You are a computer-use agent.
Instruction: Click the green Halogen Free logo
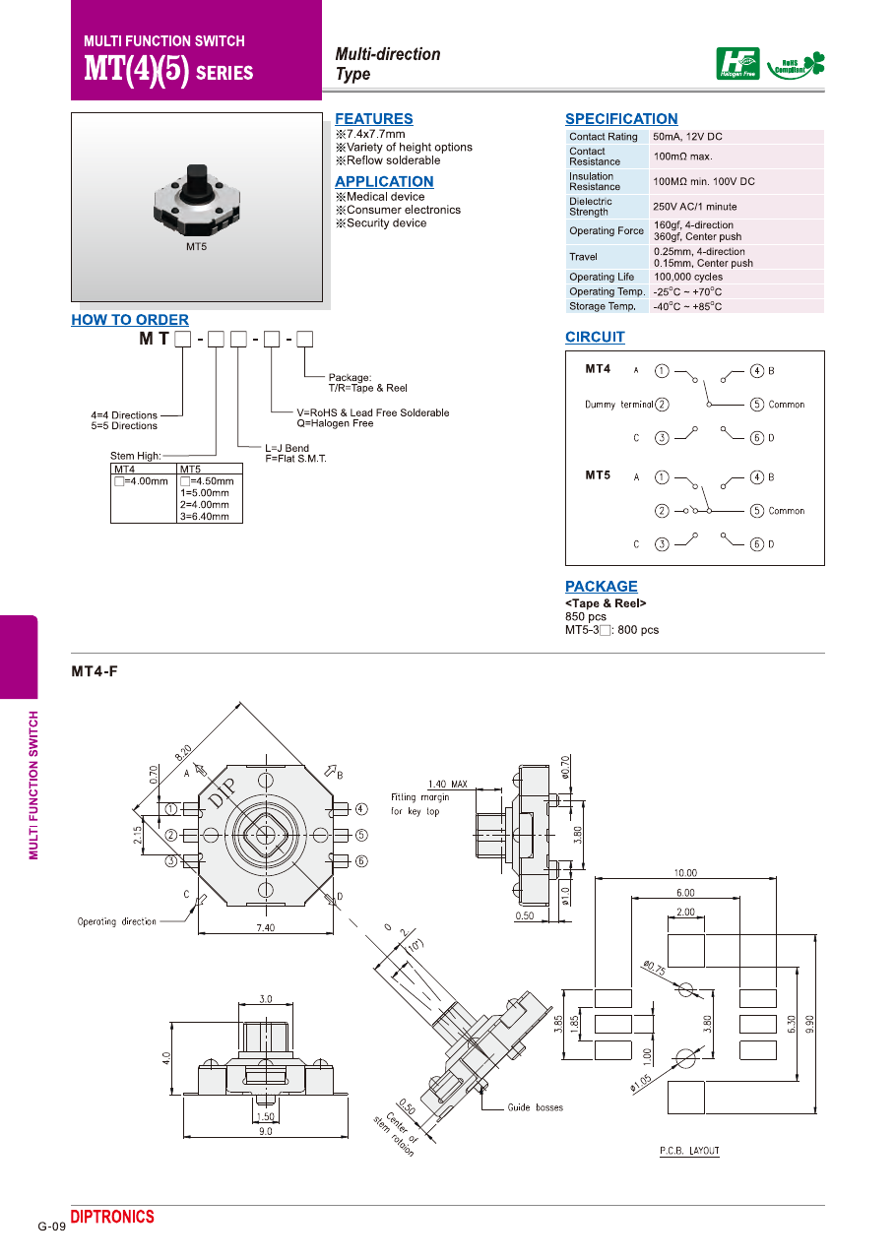(x=737, y=64)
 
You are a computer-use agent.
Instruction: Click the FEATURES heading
(x=374, y=119)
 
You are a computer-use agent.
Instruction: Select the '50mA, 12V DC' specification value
(x=687, y=137)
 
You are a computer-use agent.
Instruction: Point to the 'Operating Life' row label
(x=602, y=278)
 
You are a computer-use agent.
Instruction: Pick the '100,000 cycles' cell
(x=688, y=278)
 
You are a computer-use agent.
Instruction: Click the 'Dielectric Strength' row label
(x=591, y=207)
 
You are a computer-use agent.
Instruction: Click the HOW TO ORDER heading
(x=130, y=320)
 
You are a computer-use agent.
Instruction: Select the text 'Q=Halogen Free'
(x=335, y=424)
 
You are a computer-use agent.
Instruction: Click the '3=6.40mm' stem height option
(x=205, y=517)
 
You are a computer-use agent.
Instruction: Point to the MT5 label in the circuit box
(x=598, y=475)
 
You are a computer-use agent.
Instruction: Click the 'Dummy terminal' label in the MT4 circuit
(x=618, y=405)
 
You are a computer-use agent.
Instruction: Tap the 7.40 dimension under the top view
(x=264, y=927)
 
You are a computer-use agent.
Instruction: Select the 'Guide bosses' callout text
(x=536, y=1107)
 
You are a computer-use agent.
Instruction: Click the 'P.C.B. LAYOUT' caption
(x=689, y=1151)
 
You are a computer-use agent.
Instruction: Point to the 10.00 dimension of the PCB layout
(x=685, y=873)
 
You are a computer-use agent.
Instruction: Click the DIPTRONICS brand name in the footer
(x=112, y=1218)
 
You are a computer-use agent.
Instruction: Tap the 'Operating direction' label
(x=117, y=921)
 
